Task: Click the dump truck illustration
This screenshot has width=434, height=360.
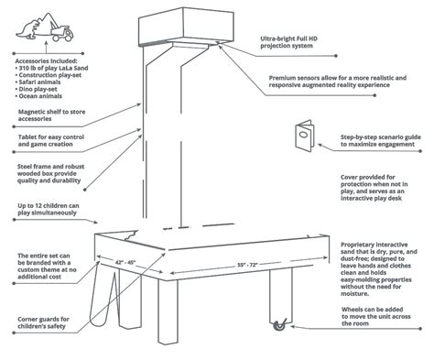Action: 62,33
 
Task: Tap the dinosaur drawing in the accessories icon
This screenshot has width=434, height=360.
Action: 28,29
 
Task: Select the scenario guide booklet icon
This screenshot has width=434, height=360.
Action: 304,136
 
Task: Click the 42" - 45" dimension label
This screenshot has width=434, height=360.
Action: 125,262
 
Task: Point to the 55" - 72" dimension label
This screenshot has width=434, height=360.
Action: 248,265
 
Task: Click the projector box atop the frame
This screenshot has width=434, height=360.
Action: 186,27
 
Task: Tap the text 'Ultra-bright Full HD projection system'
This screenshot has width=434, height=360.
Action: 288,42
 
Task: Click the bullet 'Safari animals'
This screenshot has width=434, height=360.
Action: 38,82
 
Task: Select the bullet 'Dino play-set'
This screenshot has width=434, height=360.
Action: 36,89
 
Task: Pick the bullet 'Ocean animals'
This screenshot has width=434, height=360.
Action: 38,96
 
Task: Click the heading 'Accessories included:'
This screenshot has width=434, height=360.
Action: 46,61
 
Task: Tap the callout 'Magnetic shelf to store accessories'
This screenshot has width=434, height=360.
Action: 51,115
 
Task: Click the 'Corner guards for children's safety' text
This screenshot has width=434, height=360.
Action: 43,322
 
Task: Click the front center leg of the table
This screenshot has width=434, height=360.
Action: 168,311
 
